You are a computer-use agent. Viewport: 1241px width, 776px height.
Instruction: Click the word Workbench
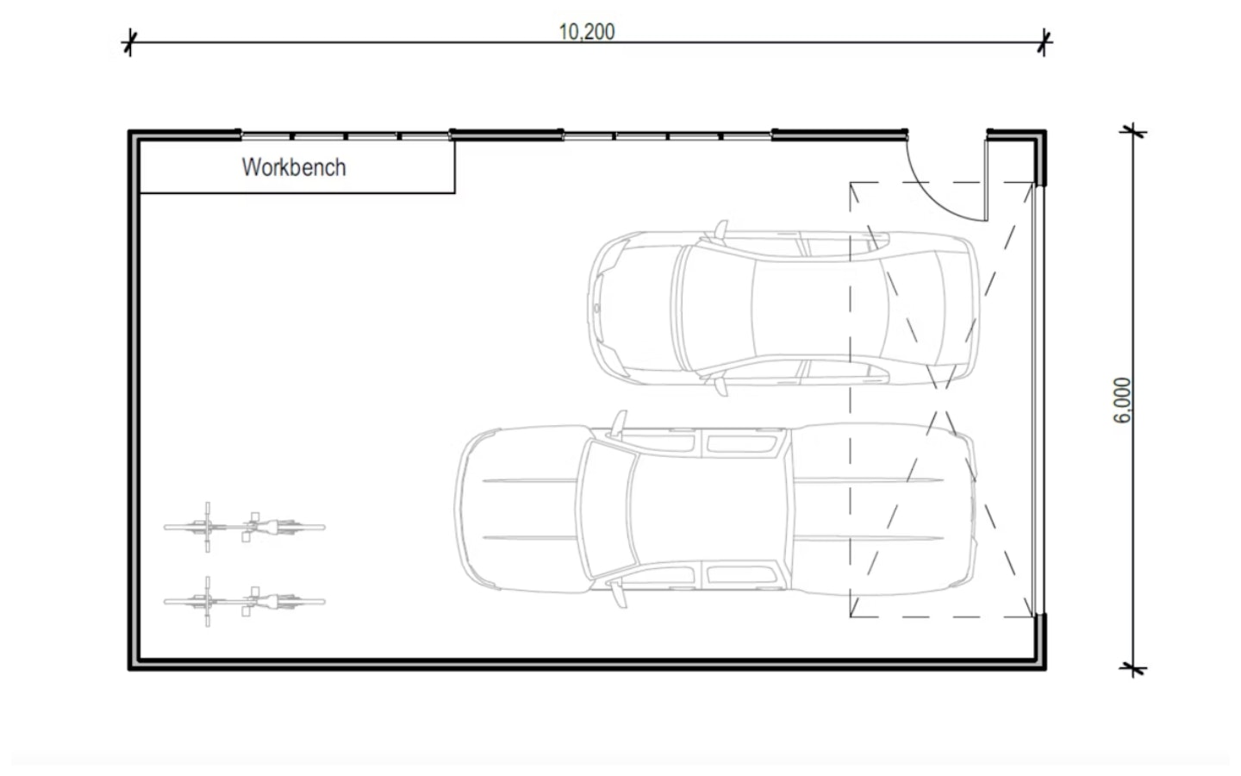point(294,167)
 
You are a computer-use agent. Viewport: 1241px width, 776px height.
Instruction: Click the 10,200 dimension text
point(587,32)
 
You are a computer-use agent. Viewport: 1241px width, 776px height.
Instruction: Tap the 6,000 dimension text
point(1122,400)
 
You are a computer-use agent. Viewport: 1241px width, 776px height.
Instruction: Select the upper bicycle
point(245,526)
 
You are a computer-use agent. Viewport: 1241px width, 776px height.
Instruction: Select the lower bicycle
point(245,601)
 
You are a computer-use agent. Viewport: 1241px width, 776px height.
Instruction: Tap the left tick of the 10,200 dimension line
point(129,41)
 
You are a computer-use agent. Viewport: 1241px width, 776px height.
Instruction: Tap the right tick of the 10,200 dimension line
point(1044,41)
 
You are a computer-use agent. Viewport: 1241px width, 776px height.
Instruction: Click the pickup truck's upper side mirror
point(619,424)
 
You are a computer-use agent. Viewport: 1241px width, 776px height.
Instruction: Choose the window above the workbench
point(345,135)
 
